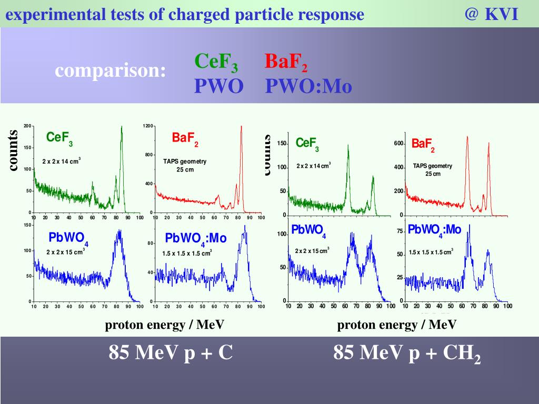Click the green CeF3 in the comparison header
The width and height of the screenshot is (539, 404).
(x=216, y=63)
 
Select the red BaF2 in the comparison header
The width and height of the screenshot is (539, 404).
(x=286, y=63)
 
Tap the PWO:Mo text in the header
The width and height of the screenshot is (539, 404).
(x=308, y=86)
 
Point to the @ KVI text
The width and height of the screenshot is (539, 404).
(x=491, y=14)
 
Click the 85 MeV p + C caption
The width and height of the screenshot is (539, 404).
(x=171, y=352)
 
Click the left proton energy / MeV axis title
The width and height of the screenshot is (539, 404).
(x=165, y=325)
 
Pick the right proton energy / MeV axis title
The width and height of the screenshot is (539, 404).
(x=397, y=325)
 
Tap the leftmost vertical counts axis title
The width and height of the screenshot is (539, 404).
(x=13, y=150)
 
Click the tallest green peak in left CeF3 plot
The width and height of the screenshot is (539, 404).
(x=122, y=128)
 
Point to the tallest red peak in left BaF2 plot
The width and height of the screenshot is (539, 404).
(x=241, y=127)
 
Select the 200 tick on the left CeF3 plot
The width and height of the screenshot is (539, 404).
(x=27, y=126)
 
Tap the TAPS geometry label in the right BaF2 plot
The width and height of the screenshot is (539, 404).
(x=432, y=166)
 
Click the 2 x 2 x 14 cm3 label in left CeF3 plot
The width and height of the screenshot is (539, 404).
(x=61, y=161)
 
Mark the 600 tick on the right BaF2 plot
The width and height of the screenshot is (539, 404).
(x=398, y=144)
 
